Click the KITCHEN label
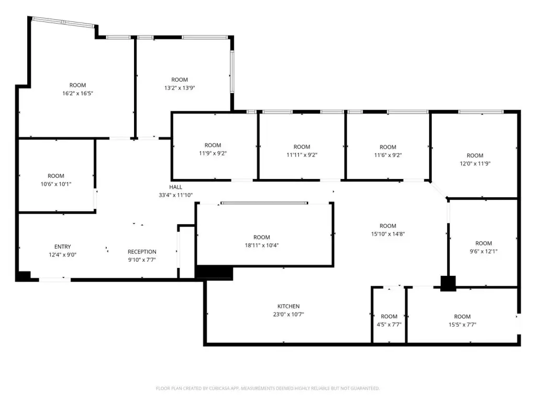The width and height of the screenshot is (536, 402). click(288, 306)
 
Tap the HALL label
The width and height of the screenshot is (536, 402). click(176, 187)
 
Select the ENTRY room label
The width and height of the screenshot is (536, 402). click(63, 247)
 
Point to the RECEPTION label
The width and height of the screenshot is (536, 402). click(142, 252)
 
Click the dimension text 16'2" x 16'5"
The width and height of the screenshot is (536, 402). click(77, 93)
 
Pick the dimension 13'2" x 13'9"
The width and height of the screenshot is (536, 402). click(180, 88)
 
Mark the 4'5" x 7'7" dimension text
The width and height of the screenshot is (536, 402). click(389, 325)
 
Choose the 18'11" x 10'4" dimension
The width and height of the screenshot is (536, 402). click(262, 245)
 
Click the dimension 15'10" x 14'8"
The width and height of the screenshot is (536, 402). click(388, 234)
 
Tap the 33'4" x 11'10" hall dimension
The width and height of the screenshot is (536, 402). click(176, 195)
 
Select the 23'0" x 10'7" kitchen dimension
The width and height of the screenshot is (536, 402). click(288, 315)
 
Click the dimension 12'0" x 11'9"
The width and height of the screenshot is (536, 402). click(475, 163)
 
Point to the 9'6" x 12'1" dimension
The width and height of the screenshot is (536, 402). click(483, 251)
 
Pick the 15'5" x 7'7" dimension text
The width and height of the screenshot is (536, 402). click(462, 325)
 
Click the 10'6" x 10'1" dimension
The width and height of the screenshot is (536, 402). click(56, 184)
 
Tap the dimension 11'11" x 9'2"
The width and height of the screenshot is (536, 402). click(302, 155)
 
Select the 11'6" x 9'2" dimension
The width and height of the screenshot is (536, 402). click(388, 155)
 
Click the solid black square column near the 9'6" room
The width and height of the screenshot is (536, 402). click(448, 283)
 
